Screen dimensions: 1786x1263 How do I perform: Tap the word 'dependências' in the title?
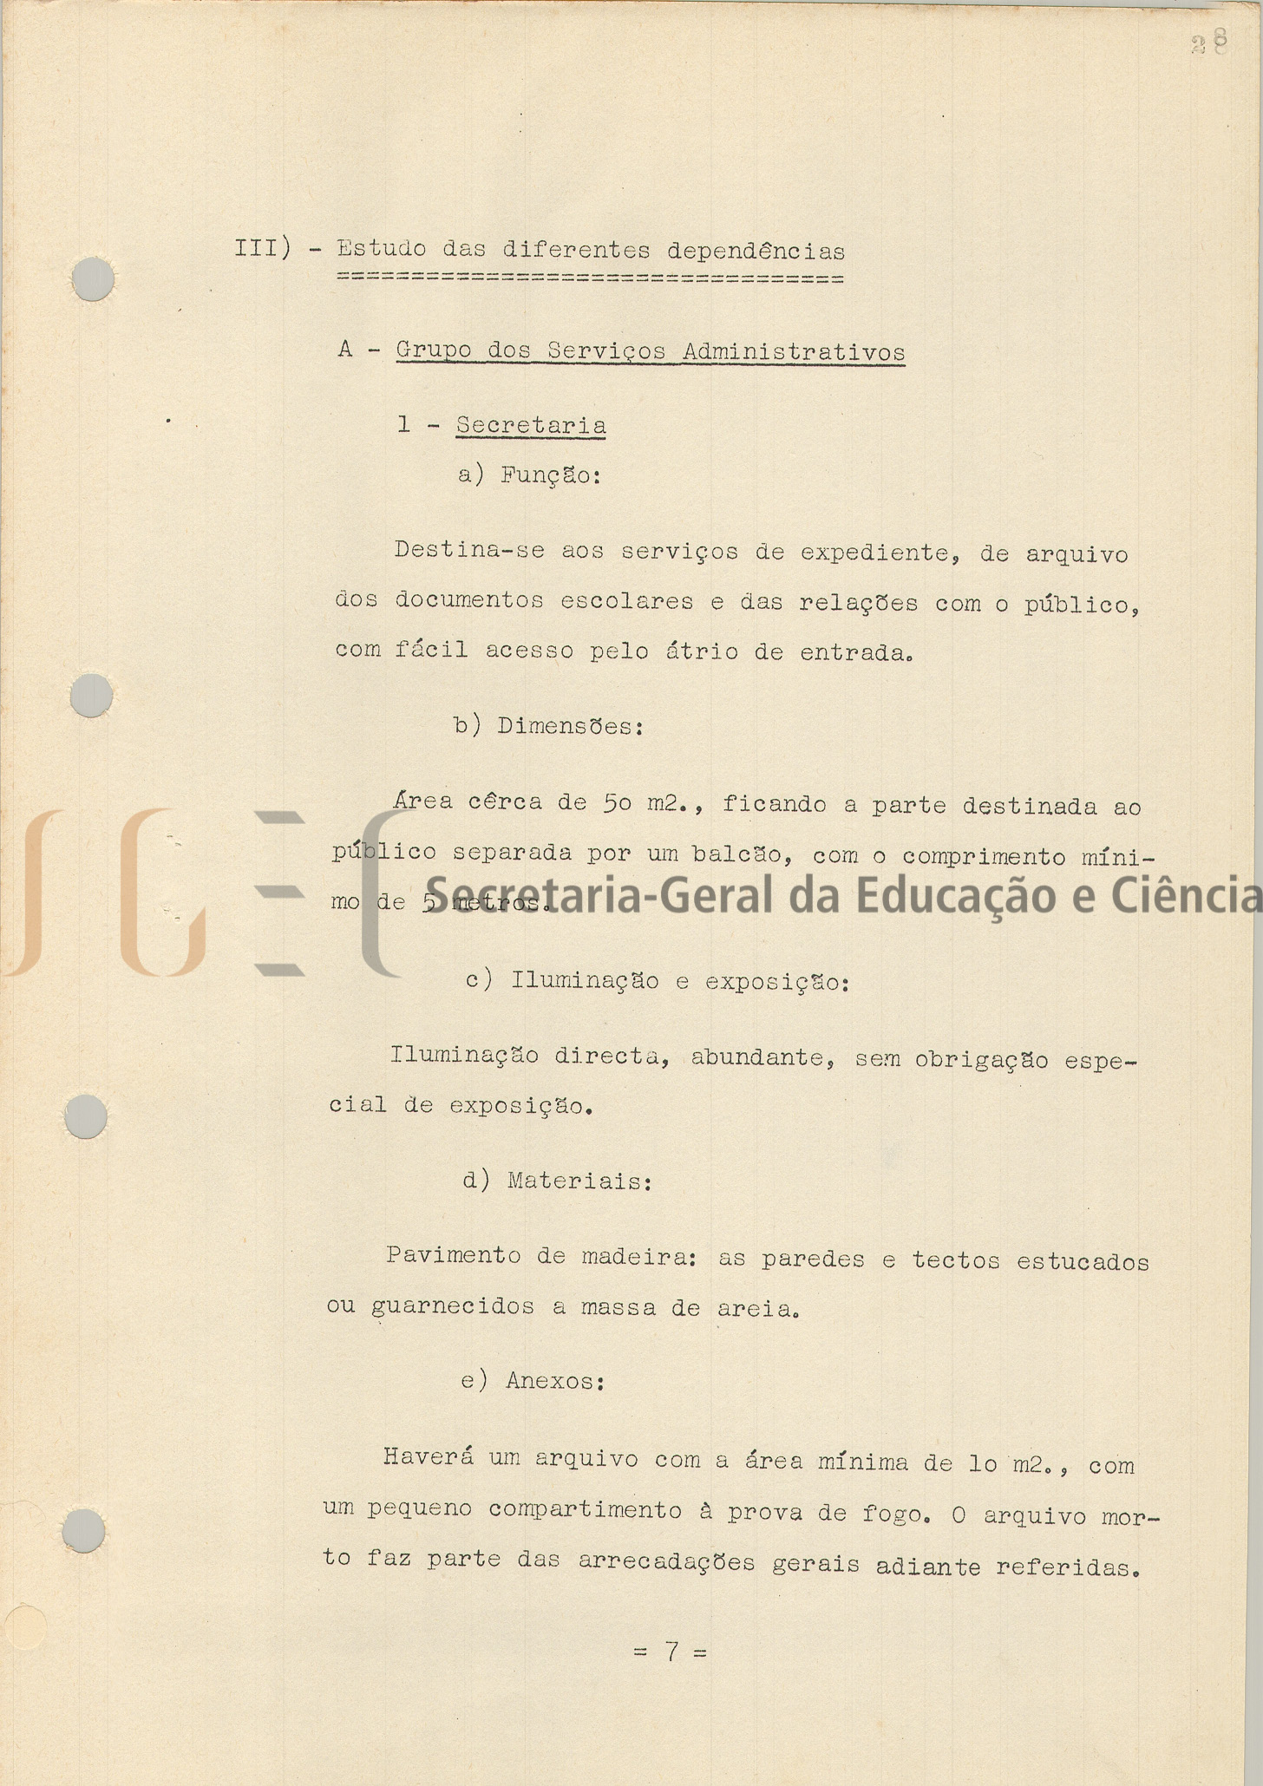point(756,252)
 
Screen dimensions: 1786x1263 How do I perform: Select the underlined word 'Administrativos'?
point(794,352)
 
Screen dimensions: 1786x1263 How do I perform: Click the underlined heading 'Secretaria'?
point(531,426)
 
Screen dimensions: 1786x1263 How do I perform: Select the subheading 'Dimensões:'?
point(570,726)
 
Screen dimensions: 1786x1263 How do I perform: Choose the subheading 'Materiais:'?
point(579,1181)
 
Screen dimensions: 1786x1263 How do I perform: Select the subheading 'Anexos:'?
point(555,1380)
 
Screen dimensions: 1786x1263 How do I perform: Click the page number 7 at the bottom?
point(671,1651)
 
